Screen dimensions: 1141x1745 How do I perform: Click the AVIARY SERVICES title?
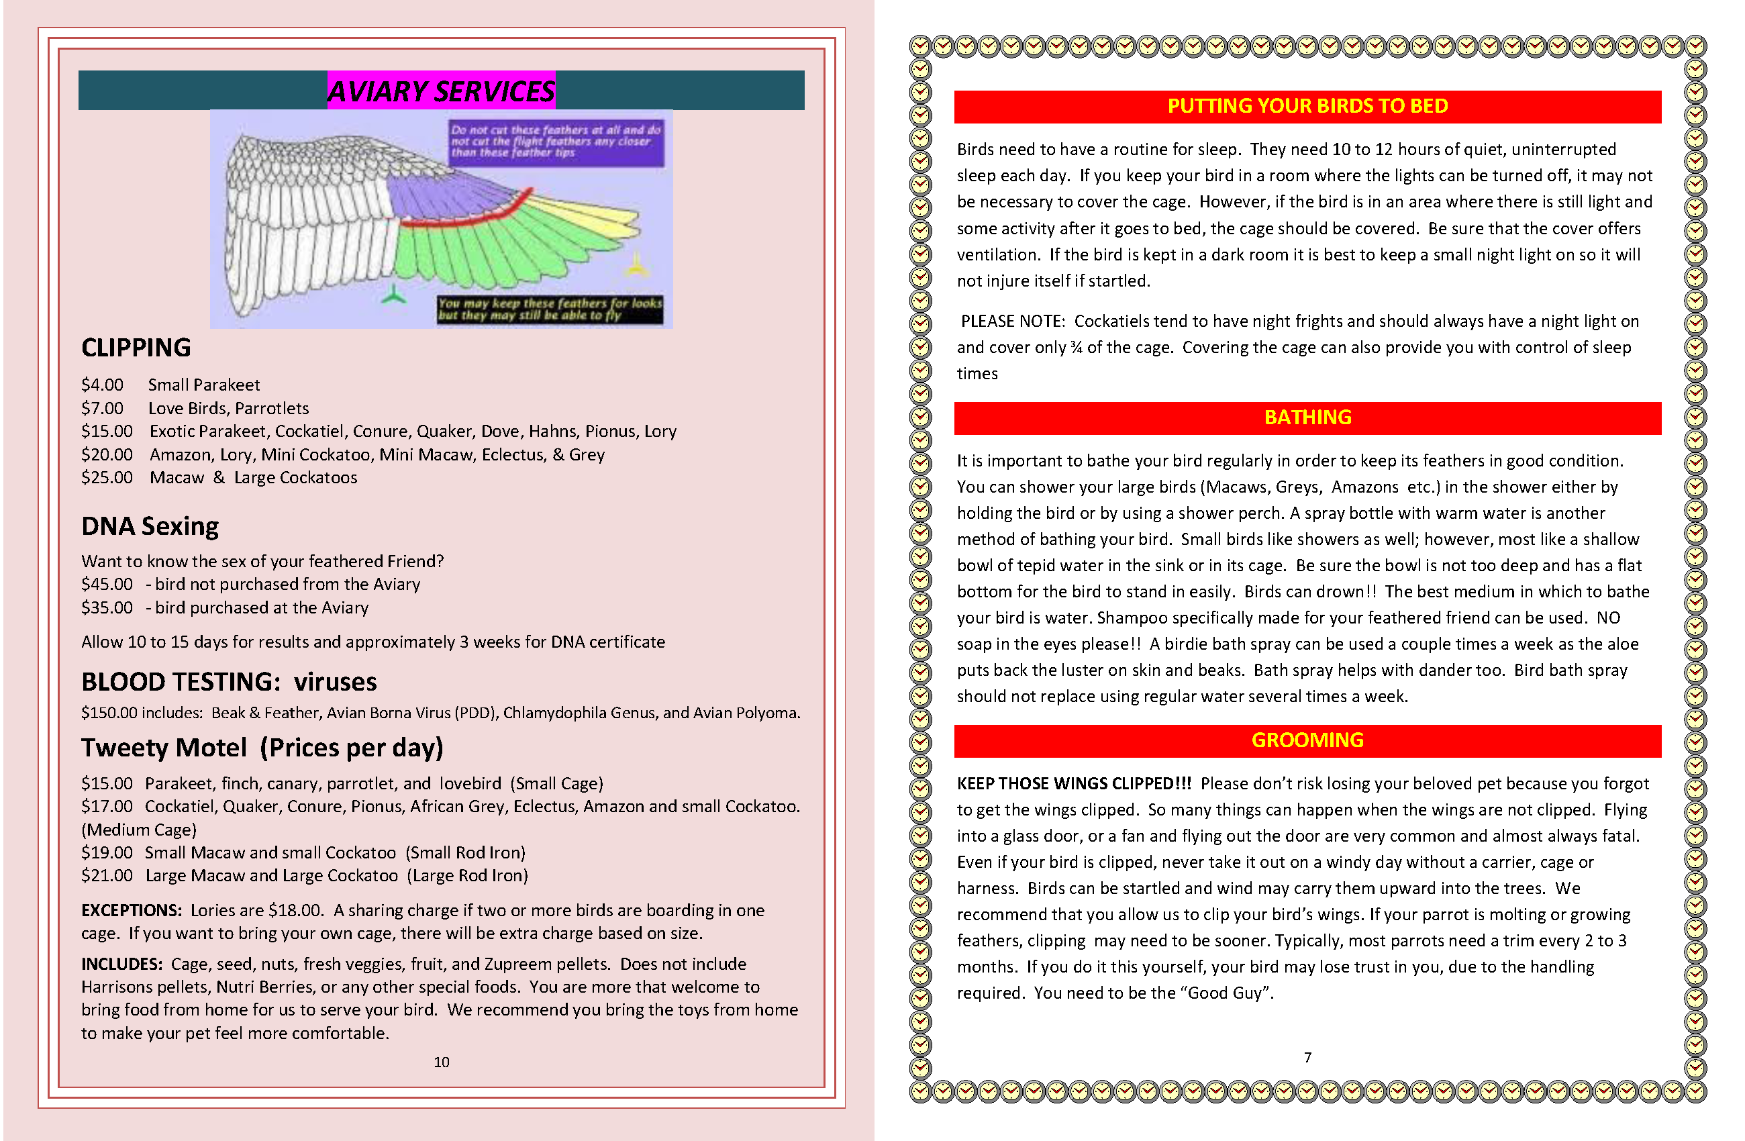coord(441,91)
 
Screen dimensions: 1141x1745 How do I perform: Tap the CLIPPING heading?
coord(136,348)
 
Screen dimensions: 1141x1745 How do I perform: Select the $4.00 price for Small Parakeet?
coord(103,385)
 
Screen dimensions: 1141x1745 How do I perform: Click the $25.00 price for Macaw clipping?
coord(107,477)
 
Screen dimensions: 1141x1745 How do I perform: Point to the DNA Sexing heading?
coord(150,526)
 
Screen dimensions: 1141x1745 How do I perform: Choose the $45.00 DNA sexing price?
coord(107,585)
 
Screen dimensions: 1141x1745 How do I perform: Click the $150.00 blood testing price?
coord(109,713)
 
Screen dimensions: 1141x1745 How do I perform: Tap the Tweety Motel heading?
coord(262,747)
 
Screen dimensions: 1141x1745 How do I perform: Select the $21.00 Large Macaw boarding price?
coord(107,875)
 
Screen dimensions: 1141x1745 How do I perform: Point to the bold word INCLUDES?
coord(121,964)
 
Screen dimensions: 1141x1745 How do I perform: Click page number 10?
coord(442,1062)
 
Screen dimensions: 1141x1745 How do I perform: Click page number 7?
coord(1307,1057)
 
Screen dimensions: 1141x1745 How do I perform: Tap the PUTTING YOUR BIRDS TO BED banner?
coord(1307,106)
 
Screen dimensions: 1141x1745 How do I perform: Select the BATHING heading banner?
coord(1307,417)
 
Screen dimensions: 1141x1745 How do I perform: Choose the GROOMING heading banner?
coord(1307,740)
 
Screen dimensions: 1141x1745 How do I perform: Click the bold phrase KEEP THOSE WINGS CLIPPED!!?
coord(1074,783)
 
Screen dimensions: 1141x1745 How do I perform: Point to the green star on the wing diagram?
coord(394,295)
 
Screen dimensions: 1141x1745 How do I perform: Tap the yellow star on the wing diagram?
coord(636,266)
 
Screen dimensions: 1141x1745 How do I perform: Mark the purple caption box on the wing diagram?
coord(556,142)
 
